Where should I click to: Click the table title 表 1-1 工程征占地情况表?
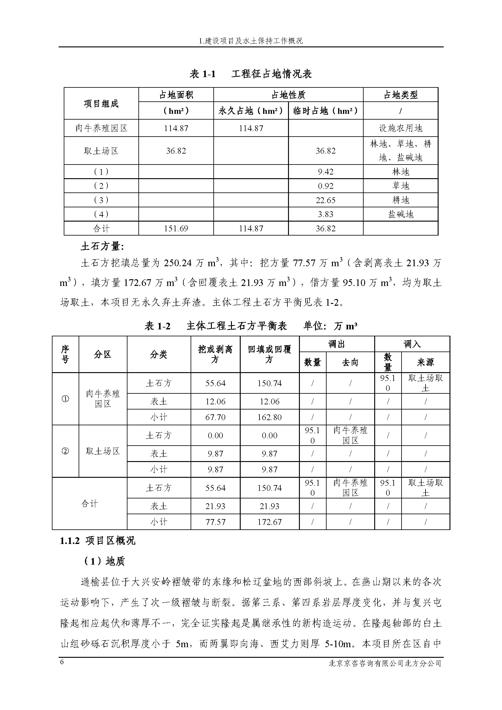[x=251, y=74]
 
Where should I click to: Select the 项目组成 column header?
[x=101, y=104]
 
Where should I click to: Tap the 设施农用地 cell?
[x=401, y=128]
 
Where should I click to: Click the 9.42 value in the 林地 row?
[x=325, y=172]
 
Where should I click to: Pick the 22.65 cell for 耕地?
[x=325, y=200]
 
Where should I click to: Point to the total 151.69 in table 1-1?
[x=176, y=229]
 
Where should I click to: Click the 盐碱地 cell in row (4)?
[x=401, y=214]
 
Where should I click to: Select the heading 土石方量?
[x=102, y=246]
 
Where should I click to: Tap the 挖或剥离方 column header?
[x=215, y=354]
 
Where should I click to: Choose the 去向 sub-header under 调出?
[x=350, y=362]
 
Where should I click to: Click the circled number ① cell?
[x=65, y=399]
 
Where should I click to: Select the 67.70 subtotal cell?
[x=215, y=417]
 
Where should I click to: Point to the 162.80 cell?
[x=270, y=417]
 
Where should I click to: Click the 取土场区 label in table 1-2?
[x=103, y=451]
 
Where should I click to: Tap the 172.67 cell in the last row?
[x=270, y=522]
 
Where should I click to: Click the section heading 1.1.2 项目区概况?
[x=97, y=541]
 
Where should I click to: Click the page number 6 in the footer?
[x=62, y=662]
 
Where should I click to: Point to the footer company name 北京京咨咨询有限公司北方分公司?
[x=385, y=663]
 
